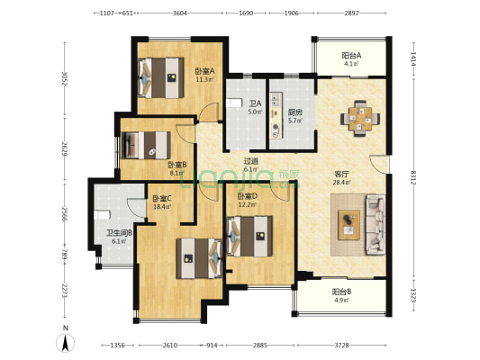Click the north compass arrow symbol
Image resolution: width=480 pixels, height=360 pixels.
65,343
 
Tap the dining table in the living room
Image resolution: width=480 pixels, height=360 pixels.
360,119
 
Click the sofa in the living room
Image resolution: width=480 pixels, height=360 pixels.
376,224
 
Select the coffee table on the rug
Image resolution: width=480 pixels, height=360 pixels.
349,225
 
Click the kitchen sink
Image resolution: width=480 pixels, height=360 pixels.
276,99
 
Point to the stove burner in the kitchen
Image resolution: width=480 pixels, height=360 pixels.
276,126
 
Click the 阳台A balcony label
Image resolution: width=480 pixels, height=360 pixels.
351,56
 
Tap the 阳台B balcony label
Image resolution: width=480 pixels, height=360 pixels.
341,292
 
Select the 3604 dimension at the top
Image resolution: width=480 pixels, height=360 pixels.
180,13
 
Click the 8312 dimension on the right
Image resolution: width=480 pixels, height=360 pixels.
413,177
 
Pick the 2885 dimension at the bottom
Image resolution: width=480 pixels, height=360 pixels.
260,346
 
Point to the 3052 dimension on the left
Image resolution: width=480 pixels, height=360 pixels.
65,79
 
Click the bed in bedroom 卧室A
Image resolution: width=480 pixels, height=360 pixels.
161,78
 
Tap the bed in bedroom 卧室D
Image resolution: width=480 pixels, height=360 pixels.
249,236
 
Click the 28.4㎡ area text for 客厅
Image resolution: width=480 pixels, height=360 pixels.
341,183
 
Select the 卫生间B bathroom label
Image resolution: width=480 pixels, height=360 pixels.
119,233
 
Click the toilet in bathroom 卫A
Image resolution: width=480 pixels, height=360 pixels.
234,103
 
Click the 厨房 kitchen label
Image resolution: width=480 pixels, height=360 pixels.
295,112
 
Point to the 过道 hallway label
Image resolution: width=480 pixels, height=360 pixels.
250,161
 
